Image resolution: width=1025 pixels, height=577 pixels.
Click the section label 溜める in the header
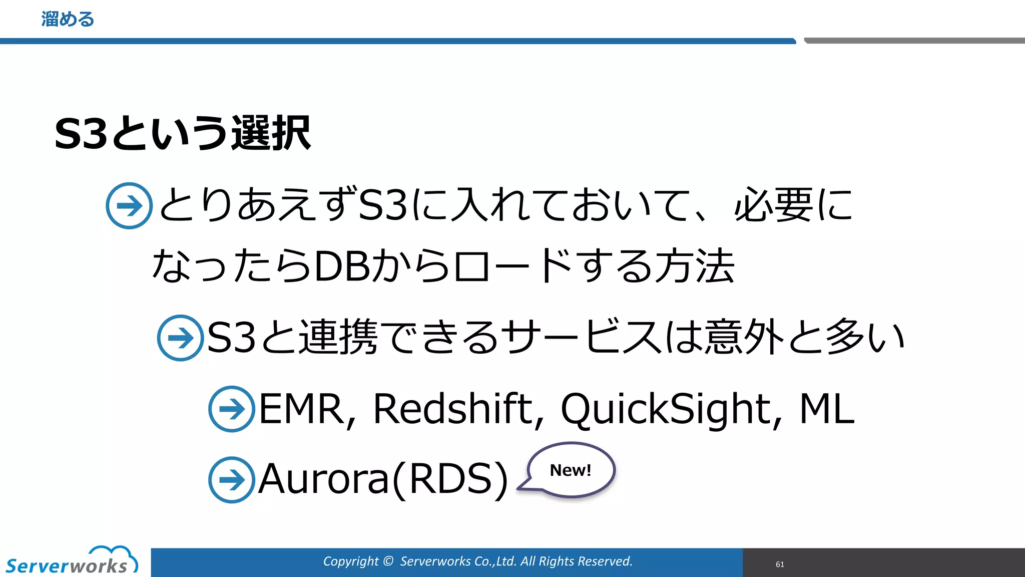pos(68,20)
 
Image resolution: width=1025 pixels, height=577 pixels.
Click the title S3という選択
pos(183,133)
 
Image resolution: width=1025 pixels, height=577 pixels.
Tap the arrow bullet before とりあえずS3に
pos(129,206)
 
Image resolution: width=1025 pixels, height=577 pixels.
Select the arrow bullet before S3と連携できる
pos(180,338)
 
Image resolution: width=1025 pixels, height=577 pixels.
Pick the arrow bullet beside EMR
pos(232,409)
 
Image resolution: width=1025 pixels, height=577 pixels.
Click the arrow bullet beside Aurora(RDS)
pos(232,480)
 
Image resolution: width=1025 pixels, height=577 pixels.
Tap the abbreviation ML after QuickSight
pos(826,409)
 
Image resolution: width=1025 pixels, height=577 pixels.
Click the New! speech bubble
pos(571,470)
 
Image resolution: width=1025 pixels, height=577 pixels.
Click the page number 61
pos(780,564)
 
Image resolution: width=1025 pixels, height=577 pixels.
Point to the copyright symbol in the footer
pos(388,561)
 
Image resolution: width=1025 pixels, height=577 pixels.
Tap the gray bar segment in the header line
pos(914,41)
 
